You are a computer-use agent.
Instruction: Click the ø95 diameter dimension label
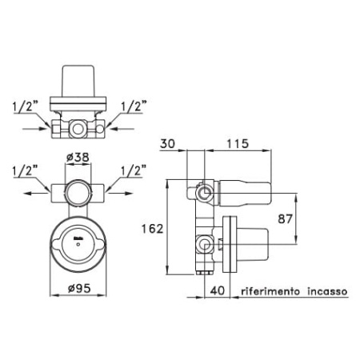tap(79, 288)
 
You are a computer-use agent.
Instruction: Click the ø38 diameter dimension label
tap(78, 158)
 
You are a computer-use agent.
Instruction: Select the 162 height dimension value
tap(152, 229)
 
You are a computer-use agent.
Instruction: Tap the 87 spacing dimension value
tap(285, 219)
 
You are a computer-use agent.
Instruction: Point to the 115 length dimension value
tap(238, 144)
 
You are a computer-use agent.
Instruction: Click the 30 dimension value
tap(167, 144)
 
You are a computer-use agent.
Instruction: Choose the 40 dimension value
tap(218, 290)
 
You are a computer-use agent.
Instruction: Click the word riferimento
tap(270, 291)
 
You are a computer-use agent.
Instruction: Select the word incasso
tap(327, 291)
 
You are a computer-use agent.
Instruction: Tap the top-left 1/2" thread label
tap(26, 106)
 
